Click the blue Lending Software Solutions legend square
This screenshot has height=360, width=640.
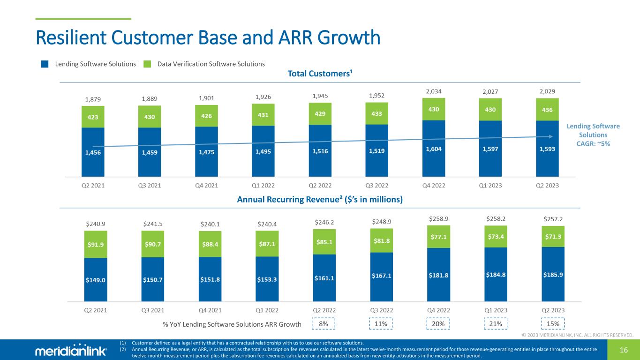pos(45,64)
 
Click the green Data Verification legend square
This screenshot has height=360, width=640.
pos(147,64)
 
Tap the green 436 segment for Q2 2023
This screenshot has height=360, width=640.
pos(547,109)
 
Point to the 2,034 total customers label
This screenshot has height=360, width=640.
pos(434,91)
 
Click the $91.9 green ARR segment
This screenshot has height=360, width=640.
pos(96,244)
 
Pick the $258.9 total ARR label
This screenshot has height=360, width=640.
pos(439,218)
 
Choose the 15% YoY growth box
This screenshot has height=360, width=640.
pos(553,323)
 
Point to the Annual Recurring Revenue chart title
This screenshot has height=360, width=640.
pos(320,199)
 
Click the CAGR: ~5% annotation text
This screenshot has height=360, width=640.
pos(593,144)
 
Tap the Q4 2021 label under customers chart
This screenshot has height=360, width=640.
pos(206,185)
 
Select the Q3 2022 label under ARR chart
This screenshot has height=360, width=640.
pos(382,310)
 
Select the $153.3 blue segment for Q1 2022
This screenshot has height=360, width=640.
pos(267,278)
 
